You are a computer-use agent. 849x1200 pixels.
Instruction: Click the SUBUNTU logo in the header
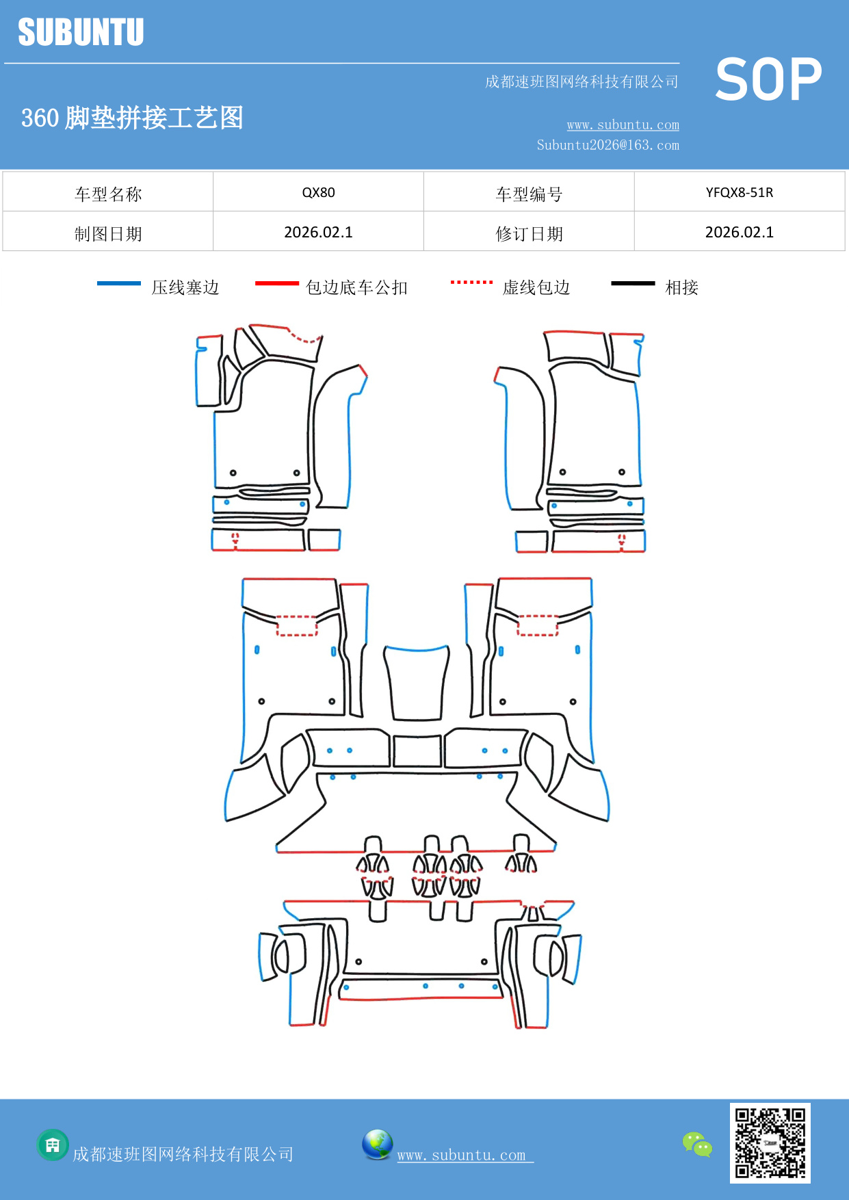[x=81, y=32]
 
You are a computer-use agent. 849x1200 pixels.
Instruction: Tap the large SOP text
[x=768, y=79]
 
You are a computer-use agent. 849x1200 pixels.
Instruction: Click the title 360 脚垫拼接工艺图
[x=132, y=118]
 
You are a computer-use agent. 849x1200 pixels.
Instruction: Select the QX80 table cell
[x=318, y=192]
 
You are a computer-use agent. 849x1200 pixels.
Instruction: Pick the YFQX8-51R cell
[x=739, y=192]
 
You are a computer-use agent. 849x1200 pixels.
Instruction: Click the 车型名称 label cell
[x=108, y=194]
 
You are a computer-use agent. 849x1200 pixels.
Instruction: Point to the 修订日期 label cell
[x=529, y=234]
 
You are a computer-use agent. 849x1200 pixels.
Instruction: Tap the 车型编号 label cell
[x=529, y=194]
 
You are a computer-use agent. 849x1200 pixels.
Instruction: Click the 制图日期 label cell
[x=108, y=234]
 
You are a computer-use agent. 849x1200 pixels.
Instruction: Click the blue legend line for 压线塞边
[x=119, y=283]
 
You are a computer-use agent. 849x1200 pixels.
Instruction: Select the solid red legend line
[x=276, y=283]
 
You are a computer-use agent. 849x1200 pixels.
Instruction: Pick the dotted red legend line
[x=471, y=282]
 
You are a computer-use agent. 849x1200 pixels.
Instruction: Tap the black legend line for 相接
[x=633, y=283]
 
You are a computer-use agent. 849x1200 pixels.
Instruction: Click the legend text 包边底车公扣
[x=356, y=287]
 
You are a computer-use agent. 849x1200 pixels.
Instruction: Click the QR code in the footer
[x=770, y=1143]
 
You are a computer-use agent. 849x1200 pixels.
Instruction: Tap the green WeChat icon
[x=697, y=1144]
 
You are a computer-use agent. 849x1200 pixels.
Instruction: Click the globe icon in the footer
[x=377, y=1145]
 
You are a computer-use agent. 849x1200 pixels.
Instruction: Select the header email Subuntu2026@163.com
[x=608, y=145]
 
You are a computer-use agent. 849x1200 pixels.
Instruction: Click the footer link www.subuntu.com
[x=462, y=1155]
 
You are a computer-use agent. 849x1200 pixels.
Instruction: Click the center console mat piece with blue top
[x=417, y=684]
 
